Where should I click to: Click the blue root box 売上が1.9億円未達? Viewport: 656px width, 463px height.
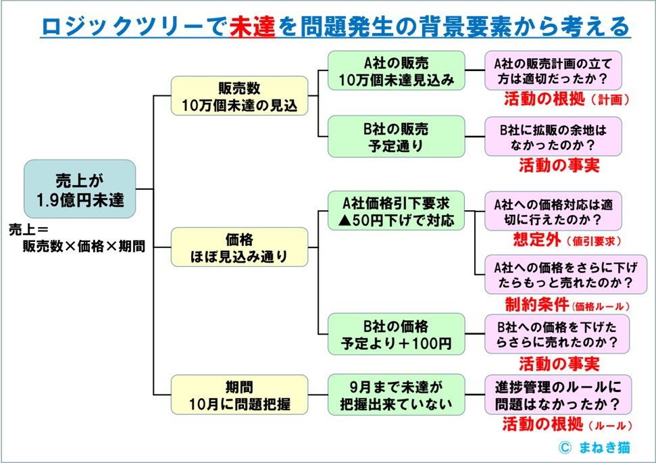(x=80, y=189)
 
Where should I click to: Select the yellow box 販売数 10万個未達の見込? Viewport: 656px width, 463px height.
(x=239, y=97)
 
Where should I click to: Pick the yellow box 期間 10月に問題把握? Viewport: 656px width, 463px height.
(x=239, y=395)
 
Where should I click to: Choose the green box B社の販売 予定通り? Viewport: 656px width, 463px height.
(x=396, y=137)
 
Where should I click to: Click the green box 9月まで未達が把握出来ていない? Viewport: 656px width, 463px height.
(x=396, y=395)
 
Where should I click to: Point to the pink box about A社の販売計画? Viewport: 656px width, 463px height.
(x=553, y=71)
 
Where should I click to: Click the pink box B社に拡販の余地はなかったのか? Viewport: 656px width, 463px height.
(x=553, y=136)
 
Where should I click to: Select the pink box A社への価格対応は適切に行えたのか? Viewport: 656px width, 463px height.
(x=553, y=211)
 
